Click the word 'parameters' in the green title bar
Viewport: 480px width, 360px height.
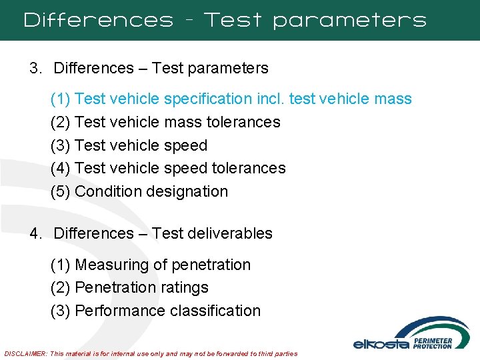[349, 20]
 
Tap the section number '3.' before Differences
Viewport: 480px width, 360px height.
[35, 68]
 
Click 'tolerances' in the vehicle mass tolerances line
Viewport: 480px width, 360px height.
[243, 122]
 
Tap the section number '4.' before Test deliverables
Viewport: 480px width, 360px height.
[35, 233]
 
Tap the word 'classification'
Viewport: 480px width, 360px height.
[215, 311]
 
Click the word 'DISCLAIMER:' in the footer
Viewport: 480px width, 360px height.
[25, 353]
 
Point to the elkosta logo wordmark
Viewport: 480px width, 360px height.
[381, 344]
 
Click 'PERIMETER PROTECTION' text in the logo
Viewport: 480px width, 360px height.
[433, 343]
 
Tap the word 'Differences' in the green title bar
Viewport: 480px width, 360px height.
[98, 20]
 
